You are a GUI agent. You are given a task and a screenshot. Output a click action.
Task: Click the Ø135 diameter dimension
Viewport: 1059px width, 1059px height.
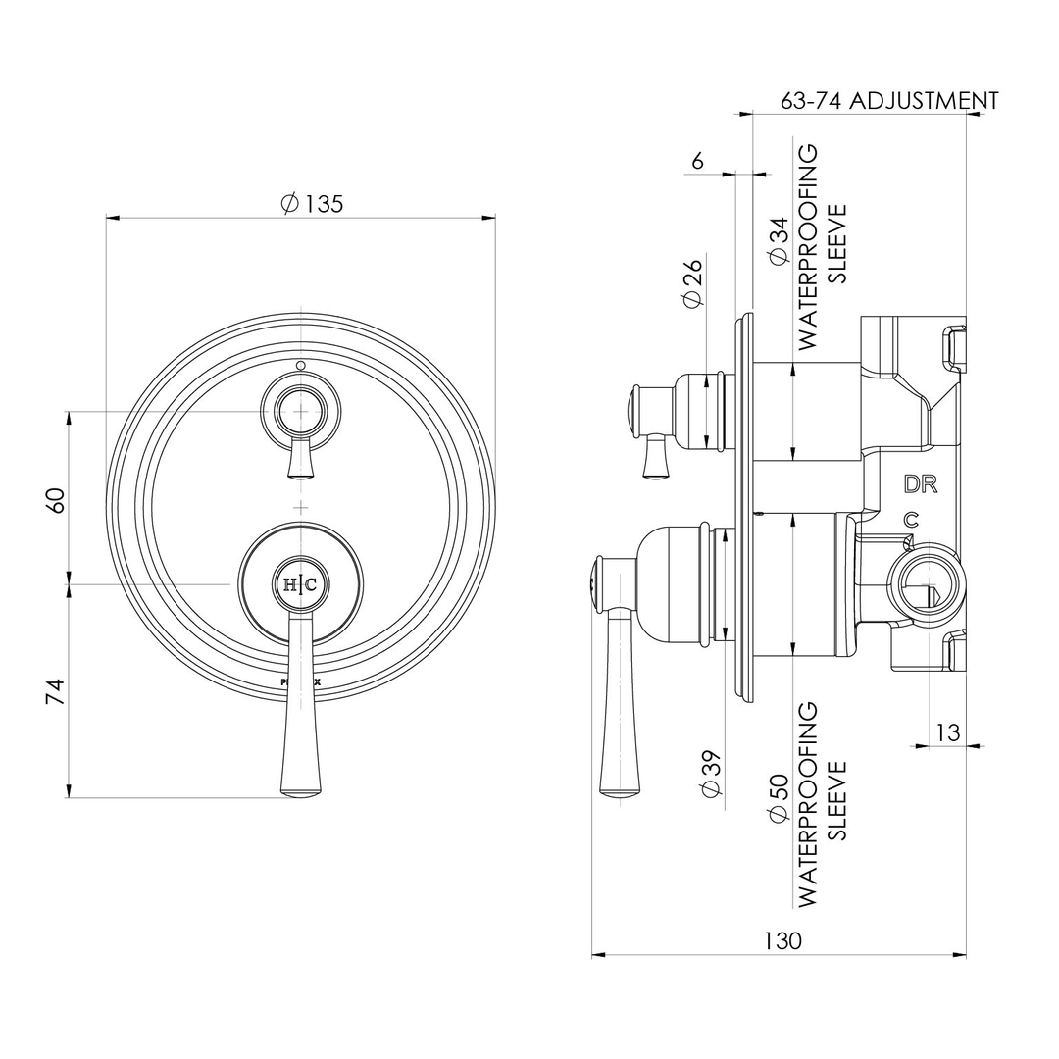tap(312, 204)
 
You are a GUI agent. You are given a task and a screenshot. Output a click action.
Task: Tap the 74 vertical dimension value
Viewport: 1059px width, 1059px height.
tap(56, 691)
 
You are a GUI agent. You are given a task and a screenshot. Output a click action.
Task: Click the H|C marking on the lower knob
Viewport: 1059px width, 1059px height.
tap(300, 585)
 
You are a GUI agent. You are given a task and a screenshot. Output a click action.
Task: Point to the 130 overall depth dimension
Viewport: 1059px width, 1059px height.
tap(782, 940)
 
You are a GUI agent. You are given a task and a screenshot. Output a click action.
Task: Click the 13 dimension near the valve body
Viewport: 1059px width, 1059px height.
tap(947, 731)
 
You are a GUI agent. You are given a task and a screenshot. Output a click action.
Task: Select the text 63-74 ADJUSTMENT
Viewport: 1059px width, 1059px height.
tap(888, 100)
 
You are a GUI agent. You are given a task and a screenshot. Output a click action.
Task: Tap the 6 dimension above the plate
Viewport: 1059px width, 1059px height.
tap(697, 161)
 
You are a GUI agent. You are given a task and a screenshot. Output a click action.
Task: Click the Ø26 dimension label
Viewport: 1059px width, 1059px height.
tap(693, 283)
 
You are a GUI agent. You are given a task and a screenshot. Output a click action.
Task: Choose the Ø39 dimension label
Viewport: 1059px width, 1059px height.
tap(712, 775)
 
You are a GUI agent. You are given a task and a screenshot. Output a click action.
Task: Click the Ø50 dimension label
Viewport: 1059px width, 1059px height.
tap(780, 799)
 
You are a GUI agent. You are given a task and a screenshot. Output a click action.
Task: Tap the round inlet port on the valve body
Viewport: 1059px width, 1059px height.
tap(923, 589)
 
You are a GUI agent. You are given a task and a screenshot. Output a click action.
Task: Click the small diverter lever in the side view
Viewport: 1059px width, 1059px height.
tap(655, 458)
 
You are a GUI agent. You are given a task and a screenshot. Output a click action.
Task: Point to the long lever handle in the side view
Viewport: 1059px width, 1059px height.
tap(618, 706)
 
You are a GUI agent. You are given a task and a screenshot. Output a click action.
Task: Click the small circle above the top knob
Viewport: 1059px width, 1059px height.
tap(300, 367)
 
